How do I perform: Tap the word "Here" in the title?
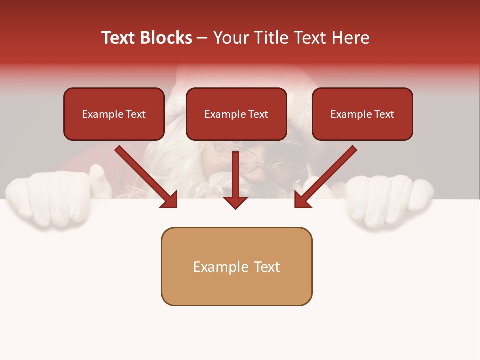(x=349, y=38)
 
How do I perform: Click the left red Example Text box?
(x=114, y=114)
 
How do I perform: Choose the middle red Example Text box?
(x=236, y=114)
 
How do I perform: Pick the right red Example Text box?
(x=362, y=114)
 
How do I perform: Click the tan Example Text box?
(x=236, y=266)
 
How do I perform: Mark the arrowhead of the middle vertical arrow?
(x=235, y=202)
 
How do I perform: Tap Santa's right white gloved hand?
(x=390, y=200)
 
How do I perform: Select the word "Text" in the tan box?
(x=267, y=267)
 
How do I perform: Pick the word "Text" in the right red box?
(x=384, y=114)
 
